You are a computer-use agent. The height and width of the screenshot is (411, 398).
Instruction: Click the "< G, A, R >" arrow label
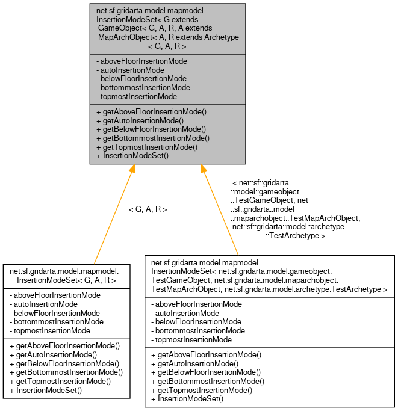[x=148, y=209]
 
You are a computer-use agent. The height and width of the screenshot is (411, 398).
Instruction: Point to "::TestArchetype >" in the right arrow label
[x=296, y=236]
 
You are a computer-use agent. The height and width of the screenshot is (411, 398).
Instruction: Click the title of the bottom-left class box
[x=66, y=276]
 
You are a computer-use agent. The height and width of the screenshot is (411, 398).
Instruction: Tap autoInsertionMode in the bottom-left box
[x=45, y=304]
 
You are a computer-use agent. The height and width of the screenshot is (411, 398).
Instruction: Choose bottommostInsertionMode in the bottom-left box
[x=57, y=321]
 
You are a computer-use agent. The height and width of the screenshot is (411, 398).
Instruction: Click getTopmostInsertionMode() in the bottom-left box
[x=62, y=381]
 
